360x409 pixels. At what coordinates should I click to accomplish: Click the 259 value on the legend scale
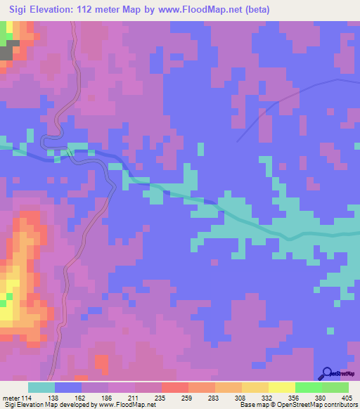(x=188, y=397)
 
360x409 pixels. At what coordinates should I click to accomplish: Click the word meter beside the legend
(x=10, y=397)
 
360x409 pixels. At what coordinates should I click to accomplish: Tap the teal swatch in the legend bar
(x=41, y=387)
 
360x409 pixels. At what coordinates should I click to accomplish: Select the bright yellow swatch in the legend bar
(x=281, y=387)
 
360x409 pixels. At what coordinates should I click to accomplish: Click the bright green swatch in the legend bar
(x=308, y=387)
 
